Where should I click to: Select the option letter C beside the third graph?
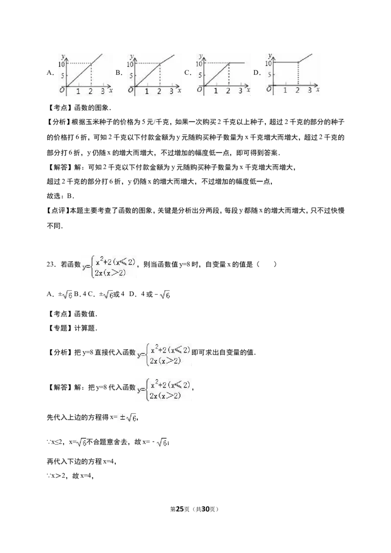pyautogui.click(x=187, y=73)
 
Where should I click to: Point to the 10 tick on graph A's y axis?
pyautogui.click(x=62, y=64)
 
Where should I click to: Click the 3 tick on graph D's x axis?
pyautogui.click(x=309, y=90)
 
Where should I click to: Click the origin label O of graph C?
pyautogui.click(x=200, y=90)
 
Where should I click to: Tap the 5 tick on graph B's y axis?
pyautogui.click(x=131, y=75)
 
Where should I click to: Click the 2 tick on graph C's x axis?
pyautogui.click(x=228, y=91)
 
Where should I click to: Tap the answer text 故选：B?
pyautogui.click(x=60, y=196)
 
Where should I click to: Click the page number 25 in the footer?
pyautogui.click(x=180, y=509)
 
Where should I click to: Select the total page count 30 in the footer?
pyautogui.click(x=205, y=509)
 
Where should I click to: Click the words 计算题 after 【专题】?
pyautogui.click(x=84, y=328)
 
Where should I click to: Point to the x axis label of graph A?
pyautogui.click(x=111, y=91)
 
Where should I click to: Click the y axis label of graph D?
pyautogui.click(x=270, y=56)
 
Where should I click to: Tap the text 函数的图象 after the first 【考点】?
pyautogui.click(x=91, y=108)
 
